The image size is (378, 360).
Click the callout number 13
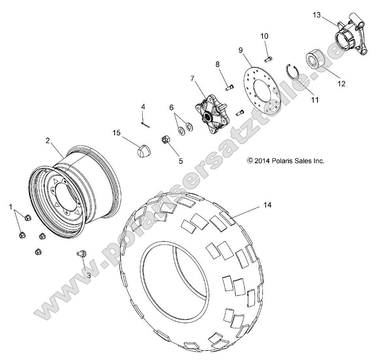[x=317, y=15]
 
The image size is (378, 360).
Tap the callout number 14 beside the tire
[x=267, y=205]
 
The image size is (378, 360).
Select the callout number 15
[x=116, y=133]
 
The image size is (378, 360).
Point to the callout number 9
[x=240, y=50]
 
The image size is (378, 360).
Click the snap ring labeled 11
[x=293, y=73]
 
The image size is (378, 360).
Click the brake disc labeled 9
[x=262, y=91]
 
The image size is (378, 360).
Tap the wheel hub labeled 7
[x=212, y=115]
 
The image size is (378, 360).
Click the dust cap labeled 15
[x=142, y=151]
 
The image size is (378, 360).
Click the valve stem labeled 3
[x=82, y=254]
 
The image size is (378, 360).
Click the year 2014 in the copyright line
[x=262, y=161]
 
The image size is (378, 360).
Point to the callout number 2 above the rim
[x=48, y=140]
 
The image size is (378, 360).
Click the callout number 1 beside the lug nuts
[x=10, y=207]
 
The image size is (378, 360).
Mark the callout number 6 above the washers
[x=171, y=107]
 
